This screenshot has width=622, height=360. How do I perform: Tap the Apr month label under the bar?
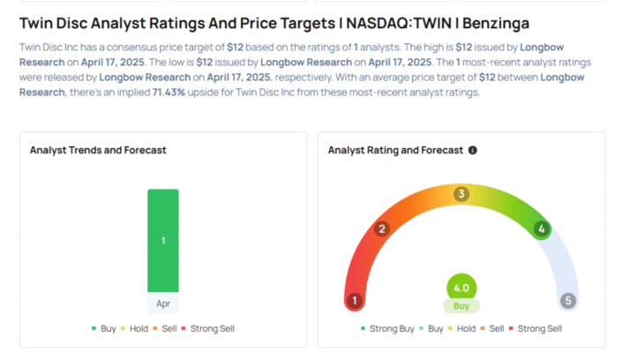(x=162, y=303)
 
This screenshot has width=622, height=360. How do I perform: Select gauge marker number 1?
(x=355, y=301)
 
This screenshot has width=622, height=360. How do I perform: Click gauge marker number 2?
(x=382, y=229)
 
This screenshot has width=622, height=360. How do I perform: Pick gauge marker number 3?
(x=461, y=194)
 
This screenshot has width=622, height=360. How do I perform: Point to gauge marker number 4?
(x=541, y=229)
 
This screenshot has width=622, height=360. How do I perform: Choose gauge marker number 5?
(x=568, y=301)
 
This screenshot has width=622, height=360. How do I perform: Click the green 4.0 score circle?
(x=461, y=288)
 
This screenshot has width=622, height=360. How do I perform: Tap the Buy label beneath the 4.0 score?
(x=461, y=306)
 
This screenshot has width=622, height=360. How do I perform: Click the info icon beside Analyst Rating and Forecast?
(x=473, y=151)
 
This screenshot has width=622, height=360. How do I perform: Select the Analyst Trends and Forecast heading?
(x=98, y=151)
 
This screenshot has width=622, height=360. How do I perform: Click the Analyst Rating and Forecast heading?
(x=394, y=151)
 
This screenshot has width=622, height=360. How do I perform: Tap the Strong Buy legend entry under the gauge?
(x=390, y=329)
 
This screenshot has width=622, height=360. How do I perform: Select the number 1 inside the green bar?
(x=162, y=240)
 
